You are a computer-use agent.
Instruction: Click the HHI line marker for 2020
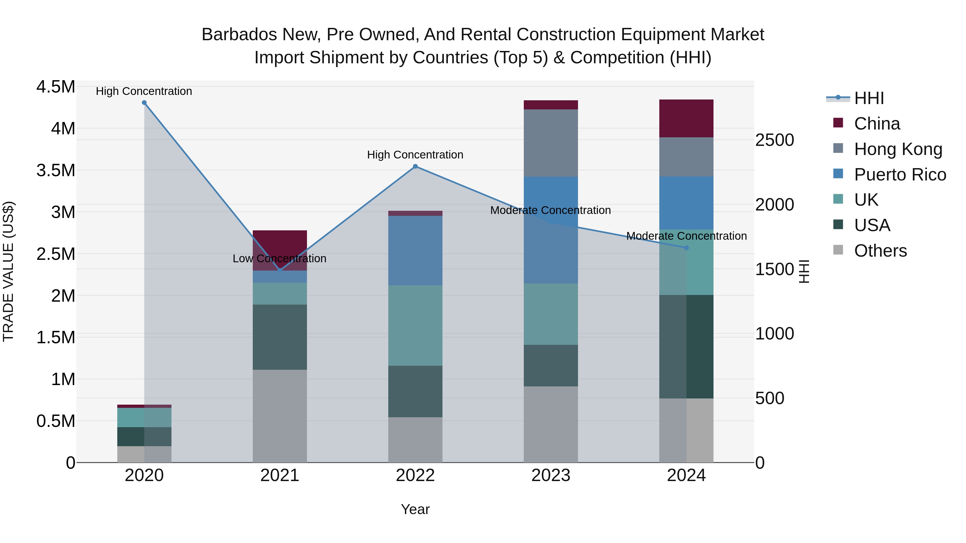coord(144,103)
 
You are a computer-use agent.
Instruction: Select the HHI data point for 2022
coord(415,166)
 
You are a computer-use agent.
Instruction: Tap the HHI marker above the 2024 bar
coord(686,248)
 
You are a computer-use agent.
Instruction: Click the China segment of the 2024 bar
coord(686,119)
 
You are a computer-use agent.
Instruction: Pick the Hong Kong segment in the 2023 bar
coord(551,143)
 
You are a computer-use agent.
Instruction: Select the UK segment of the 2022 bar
coord(415,326)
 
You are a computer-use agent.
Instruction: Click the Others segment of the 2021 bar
coord(280,416)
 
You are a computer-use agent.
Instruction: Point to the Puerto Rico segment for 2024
coord(686,203)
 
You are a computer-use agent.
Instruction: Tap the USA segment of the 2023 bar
coord(551,366)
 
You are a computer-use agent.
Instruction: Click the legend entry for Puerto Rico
coord(889,175)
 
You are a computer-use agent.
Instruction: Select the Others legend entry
coord(870,251)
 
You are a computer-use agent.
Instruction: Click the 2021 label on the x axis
coord(280,475)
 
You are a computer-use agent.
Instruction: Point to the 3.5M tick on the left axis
coord(56,171)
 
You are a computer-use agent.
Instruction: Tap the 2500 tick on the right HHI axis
coord(775,140)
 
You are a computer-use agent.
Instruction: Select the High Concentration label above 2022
coord(415,155)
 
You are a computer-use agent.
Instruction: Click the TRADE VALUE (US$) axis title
coord(8,271)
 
